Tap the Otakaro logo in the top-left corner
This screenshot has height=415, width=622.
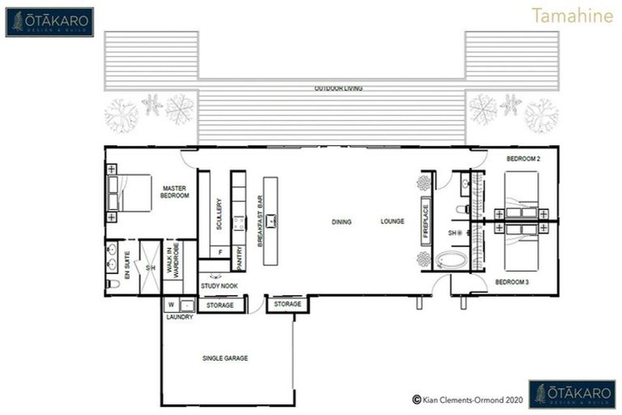pyautogui.click(x=49, y=22)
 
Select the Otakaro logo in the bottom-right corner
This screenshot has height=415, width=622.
pyautogui.click(x=571, y=394)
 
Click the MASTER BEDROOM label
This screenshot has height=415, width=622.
pyautogui.click(x=175, y=191)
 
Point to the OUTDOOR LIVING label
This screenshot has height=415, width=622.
pyautogui.click(x=339, y=88)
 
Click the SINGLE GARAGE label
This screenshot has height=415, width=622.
pyautogui.click(x=224, y=357)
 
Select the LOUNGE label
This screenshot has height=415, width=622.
pyautogui.click(x=394, y=221)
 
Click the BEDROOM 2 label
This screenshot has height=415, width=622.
pyautogui.click(x=522, y=159)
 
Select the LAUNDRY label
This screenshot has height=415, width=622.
pyautogui.click(x=179, y=317)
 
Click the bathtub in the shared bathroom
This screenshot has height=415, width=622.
pyautogui.click(x=450, y=260)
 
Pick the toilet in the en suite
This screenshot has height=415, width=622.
pyautogui.click(x=113, y=283)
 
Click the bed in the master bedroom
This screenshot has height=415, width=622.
pyautogui.click(x=129, y=194)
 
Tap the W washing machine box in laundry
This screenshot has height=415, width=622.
pyautogui.click(x=170, y=305)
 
